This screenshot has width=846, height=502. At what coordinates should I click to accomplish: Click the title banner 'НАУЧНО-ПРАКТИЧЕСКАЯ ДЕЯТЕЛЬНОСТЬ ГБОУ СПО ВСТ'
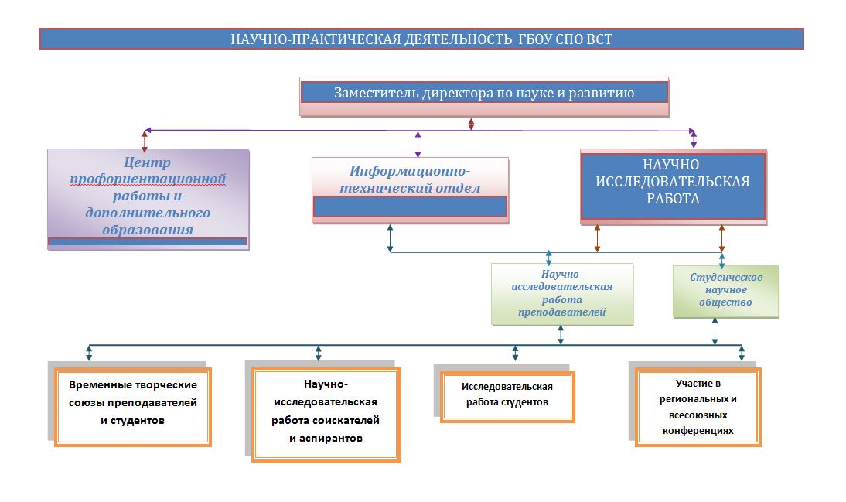coord(421,39)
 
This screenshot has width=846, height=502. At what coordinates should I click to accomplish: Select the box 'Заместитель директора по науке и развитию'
coord(484,97)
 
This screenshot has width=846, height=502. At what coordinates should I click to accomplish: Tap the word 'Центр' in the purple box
coord(147,162)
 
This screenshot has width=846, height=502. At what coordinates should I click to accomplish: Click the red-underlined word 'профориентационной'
coord(147,179)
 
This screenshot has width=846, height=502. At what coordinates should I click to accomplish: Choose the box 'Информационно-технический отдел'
coord(410,190)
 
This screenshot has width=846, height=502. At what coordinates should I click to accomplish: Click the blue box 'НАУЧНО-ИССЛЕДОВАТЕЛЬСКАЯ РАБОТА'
coord(674,186)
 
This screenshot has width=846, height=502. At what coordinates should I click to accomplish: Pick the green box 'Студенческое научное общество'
coord(725,291)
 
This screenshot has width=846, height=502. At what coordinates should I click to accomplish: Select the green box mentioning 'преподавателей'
coord(561,294)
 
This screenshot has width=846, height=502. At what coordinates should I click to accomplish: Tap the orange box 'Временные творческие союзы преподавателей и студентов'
coord(133,407)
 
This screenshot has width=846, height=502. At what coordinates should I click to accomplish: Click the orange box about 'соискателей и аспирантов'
coord(326,414)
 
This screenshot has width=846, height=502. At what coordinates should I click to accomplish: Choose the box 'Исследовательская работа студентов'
coord(507,396)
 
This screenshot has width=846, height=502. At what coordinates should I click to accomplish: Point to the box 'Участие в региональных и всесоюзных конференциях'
coord(698,407)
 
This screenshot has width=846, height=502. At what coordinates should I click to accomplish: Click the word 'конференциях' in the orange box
coord(698,431)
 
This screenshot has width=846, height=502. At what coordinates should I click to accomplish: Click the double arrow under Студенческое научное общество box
coord(715,331)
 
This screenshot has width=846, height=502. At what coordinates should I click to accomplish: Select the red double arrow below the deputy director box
coord(471,125)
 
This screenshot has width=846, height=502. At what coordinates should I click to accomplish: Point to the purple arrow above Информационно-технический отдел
coord(418,144)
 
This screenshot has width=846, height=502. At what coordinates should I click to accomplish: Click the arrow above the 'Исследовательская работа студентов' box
coord(515,353)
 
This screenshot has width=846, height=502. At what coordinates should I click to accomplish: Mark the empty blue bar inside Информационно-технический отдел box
coord(410,207)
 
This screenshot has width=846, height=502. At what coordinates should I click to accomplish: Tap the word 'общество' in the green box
coord(725,302)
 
